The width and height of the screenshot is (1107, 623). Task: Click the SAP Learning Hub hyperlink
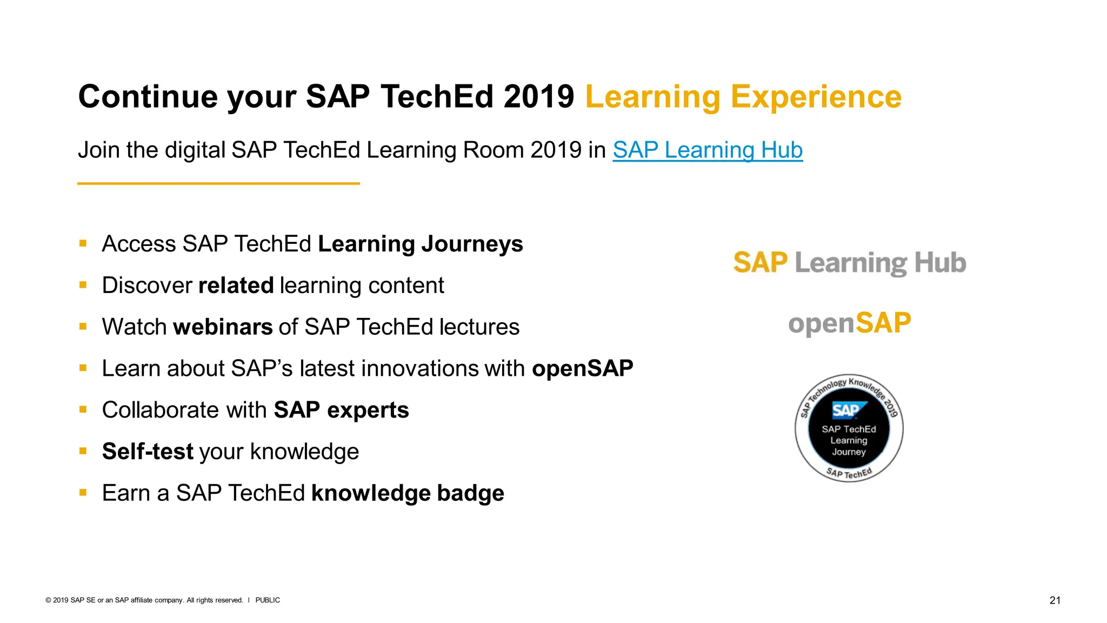coord(707,150)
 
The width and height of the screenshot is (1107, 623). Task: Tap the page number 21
coord(1055,600)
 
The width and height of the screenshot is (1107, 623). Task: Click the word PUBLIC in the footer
coord(268,600)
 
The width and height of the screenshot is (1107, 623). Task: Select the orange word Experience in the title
coord(816,97)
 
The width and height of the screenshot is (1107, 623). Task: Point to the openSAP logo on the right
coord(849,323)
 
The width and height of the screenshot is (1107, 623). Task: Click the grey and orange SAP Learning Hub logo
coord(849,263)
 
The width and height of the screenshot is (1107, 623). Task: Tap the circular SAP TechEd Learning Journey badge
coord(849,428)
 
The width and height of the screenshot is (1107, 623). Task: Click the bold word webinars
coord(223,327)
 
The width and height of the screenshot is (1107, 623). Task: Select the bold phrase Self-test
coord(148,452)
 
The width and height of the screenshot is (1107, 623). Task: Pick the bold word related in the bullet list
coord(236,286)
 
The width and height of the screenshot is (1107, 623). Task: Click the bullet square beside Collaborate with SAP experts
coord(83,409)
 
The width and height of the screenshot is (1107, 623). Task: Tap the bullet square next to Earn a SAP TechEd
coord(83,493)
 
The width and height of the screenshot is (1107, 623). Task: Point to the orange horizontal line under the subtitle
coord(218,184)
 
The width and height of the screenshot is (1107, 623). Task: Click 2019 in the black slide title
coord(538,97)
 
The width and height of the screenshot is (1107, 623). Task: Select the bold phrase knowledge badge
coord(408,493)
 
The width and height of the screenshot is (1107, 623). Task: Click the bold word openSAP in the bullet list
coord(582,369)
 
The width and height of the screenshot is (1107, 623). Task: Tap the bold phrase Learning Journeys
coord(420,244)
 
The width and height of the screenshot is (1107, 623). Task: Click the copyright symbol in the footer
coord(48,600)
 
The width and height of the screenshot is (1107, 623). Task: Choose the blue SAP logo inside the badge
coord(847,410)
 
